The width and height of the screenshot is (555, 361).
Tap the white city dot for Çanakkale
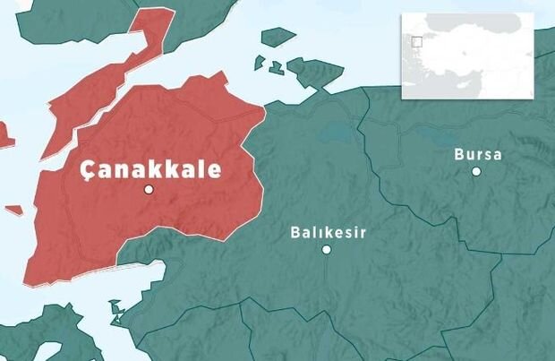coord(149,190)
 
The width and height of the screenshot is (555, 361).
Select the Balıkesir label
coord(329,232)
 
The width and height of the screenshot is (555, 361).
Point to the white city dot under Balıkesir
coord(327,249)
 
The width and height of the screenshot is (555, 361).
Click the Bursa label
coord(478,154)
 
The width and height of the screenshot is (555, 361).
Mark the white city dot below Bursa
coord(476,171)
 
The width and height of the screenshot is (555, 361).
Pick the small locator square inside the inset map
coord(417,40)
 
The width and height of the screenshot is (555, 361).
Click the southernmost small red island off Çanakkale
coord(13,211)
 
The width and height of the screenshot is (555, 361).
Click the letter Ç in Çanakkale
coord(88,170)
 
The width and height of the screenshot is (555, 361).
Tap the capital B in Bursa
coord(459,154)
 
